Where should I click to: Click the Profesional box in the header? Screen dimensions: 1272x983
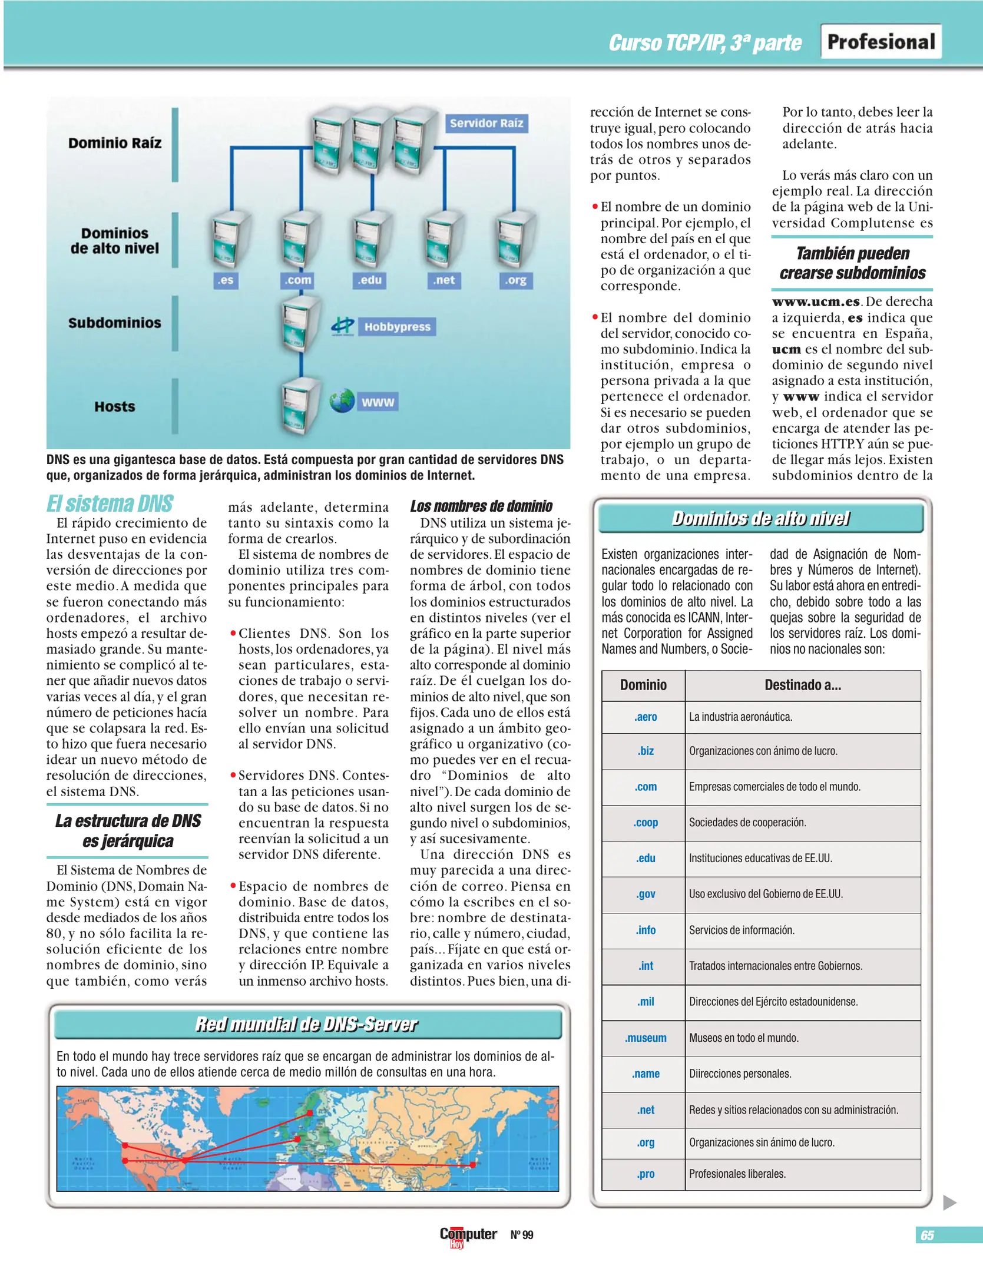pos(881,42)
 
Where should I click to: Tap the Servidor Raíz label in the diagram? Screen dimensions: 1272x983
pos(486,123)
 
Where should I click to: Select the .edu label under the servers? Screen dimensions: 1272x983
pos(370,280)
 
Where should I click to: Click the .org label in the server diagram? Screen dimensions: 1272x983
pos(515,280)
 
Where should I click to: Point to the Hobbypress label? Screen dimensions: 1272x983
pos(397,327)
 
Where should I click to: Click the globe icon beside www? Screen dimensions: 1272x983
pos(342,401)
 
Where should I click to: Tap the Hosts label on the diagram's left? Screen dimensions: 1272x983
pos(115,406)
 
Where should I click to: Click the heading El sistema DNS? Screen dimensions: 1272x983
pos(110,504)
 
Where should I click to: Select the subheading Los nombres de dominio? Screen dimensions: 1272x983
pos(481,506)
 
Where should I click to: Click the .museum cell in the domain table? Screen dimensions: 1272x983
pos(646,1038)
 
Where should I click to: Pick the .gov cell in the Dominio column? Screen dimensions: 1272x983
pos(646,894)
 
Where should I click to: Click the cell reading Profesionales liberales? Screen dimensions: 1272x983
pos(737,1174)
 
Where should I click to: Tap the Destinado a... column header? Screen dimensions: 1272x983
pos(802,685)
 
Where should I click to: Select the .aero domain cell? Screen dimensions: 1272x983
pos(646,717)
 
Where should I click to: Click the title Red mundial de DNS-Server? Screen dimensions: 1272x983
pos(306,1025)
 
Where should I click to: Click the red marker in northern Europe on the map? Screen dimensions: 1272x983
pos(310,1113)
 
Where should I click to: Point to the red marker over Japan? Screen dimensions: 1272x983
pos(472,1165)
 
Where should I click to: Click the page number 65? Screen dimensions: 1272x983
pos(927,1235)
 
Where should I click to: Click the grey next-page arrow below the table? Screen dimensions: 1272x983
pos(949,1203)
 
